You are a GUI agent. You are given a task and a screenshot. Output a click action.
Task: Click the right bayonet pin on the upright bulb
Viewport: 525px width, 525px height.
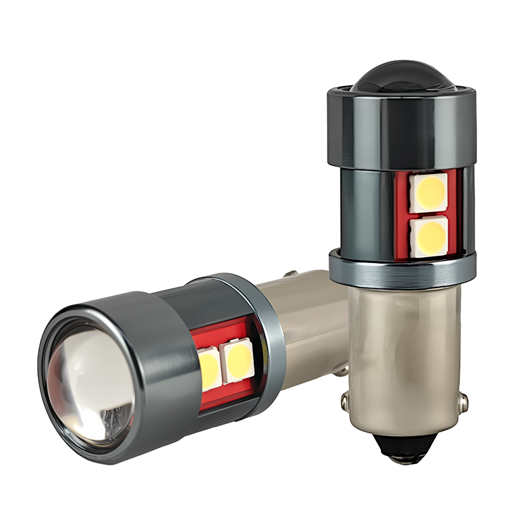[x=463, y=402]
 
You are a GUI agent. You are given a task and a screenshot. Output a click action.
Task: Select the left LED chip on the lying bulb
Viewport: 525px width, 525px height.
[x=209, y=370]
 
